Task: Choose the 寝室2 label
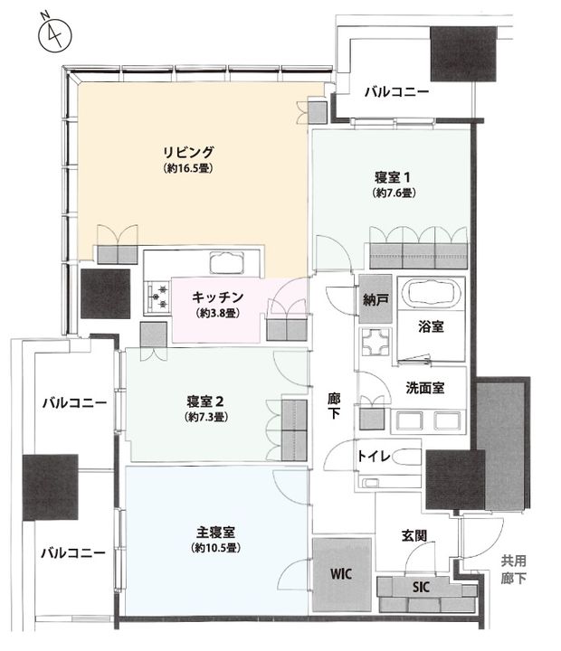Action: point(207,401)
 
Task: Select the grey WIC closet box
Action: point(342,573)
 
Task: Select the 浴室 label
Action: point(430,327)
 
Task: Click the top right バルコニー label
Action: point(396,91)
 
